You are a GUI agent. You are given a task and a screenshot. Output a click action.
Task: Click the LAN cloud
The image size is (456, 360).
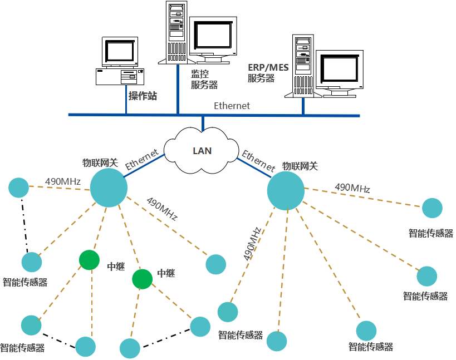pos(202,151)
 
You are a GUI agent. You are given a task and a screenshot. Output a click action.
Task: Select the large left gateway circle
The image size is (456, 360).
pos(109,188)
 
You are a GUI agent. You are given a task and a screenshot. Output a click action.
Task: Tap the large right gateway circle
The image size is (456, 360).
pos(286,191)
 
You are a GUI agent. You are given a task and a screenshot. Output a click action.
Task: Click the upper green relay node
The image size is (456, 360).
pos(89,260)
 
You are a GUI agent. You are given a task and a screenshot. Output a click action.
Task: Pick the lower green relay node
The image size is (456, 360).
pos(142,279)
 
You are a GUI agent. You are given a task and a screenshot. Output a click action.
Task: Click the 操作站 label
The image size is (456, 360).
pos(143,96)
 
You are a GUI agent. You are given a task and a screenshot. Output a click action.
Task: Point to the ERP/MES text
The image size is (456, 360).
pos(268,67)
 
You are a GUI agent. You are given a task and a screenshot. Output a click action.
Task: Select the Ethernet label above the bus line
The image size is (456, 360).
pos(232,106)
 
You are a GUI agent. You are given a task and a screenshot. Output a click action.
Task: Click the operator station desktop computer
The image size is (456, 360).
pos(120,61)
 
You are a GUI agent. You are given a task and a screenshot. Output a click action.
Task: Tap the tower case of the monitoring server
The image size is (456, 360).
pos(176,32)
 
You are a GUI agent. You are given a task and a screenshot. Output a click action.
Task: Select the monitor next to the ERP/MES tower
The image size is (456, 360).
pos(339,72)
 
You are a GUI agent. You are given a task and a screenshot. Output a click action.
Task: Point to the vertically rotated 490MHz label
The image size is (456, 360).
pos(252,244)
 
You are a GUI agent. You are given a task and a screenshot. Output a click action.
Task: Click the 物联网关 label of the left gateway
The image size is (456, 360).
pos(100,162)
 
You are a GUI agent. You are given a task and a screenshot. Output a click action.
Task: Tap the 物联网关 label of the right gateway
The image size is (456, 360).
pos(300,166)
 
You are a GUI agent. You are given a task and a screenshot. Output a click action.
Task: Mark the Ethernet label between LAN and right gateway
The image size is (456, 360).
pos(258,160)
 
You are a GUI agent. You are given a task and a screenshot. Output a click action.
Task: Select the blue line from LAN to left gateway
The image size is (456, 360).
pos(144,165)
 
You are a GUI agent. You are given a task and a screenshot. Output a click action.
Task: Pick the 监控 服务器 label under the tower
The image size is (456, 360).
pos(204,80)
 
